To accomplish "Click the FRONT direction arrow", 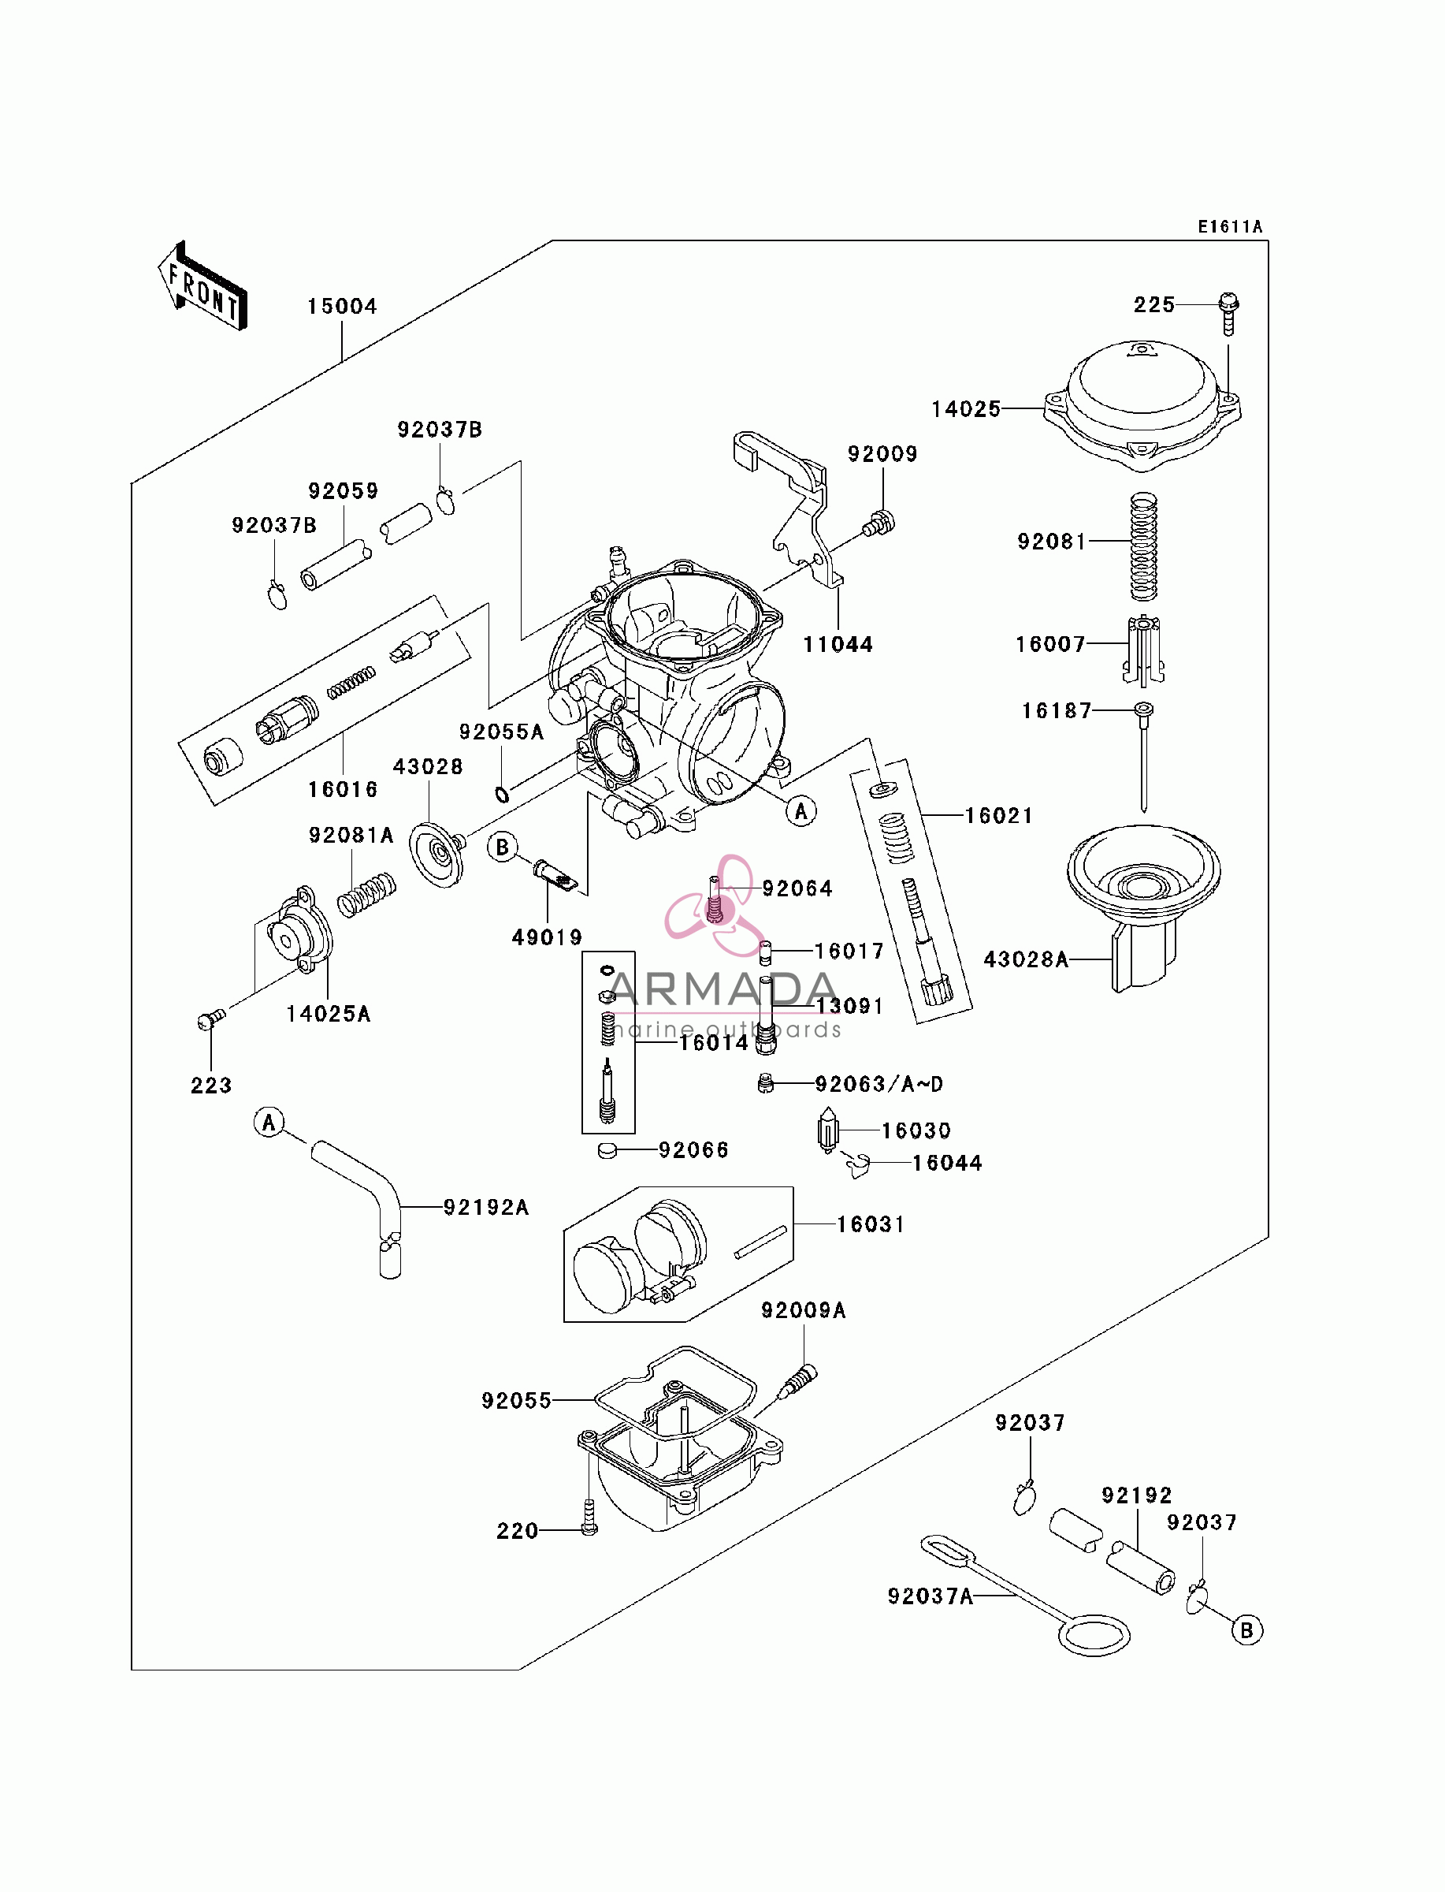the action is point(203,286).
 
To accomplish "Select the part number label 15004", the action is point(342,307).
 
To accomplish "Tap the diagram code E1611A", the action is point(1230,226).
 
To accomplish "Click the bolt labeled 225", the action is point(1228,314).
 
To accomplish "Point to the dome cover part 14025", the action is point(1142,405).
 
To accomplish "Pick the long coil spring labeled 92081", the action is point(1143,546).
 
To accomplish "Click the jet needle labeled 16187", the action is point(1143,756).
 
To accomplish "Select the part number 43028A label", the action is point(1026,959).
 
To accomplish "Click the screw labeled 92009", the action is point(879,523).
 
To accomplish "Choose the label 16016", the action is point(342,789).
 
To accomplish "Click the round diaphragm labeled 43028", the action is point(437,854).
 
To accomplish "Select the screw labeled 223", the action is point(210,1019).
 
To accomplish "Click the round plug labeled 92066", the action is point(607,1150).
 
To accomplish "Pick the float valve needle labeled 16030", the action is point(827,1130).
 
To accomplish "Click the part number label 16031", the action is point(871,1224).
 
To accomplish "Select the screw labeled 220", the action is point(589,1517).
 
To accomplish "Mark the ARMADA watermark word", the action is point(722,989).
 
